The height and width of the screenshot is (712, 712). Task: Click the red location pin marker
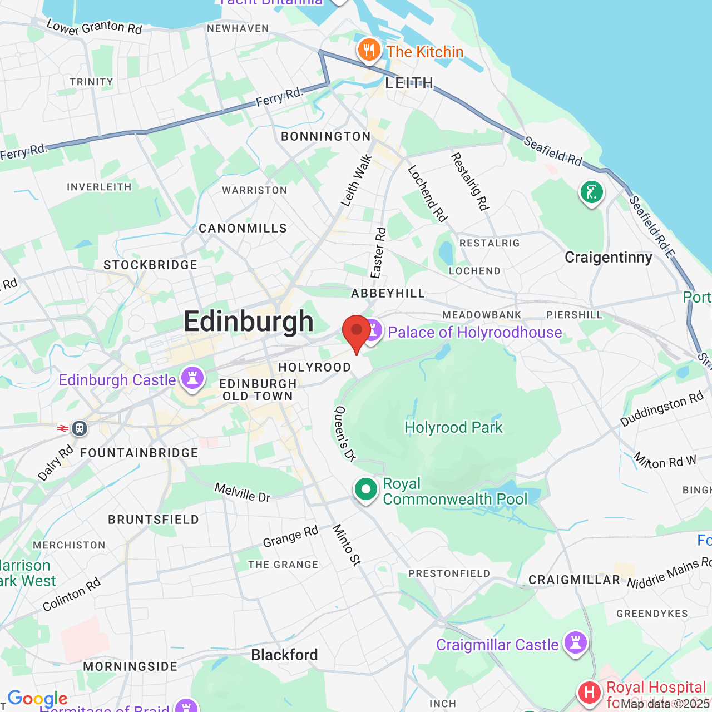click(356, 331)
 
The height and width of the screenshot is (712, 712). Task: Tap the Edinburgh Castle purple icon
click(192, 378)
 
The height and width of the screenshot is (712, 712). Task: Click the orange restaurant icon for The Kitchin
click(368, 51)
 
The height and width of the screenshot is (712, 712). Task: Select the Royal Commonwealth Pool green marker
click(365, 490)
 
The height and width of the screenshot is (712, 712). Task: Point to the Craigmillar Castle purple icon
click(575, 643)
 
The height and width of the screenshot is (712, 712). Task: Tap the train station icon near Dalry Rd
click(79, 428)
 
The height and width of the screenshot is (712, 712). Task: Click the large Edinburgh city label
click(249, 322)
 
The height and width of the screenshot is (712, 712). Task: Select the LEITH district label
click(409, 83)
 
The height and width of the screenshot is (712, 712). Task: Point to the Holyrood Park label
click(453, 427)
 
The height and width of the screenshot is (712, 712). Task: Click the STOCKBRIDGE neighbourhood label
click(150, 265)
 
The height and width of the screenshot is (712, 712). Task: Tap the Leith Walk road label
click(356, 181)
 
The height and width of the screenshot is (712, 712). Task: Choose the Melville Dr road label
click(243, 492)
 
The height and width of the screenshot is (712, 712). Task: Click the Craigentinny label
click(608, 257)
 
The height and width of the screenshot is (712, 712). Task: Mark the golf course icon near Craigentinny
click(591, 192)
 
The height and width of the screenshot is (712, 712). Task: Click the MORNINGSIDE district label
click(130, 666)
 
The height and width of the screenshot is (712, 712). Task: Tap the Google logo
click(37, 698)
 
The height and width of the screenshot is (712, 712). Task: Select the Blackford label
click(284, 655)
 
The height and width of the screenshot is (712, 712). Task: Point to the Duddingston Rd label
click(662, 409)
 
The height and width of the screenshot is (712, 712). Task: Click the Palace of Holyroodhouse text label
click(474, 332)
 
